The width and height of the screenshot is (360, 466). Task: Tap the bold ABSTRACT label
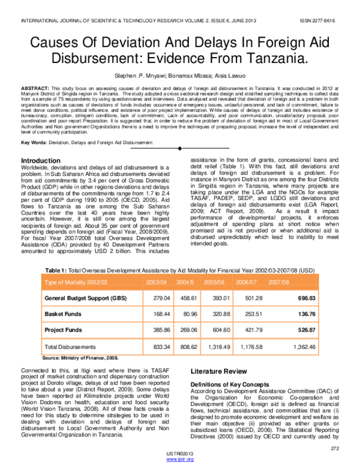tap(35, 88)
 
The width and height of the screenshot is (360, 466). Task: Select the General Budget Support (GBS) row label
tap(85, 298)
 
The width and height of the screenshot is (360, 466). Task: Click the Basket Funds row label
tap(63, 314)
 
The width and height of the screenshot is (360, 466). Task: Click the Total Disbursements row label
tap(71, 347)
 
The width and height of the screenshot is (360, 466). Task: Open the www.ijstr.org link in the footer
tap(181, 459)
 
